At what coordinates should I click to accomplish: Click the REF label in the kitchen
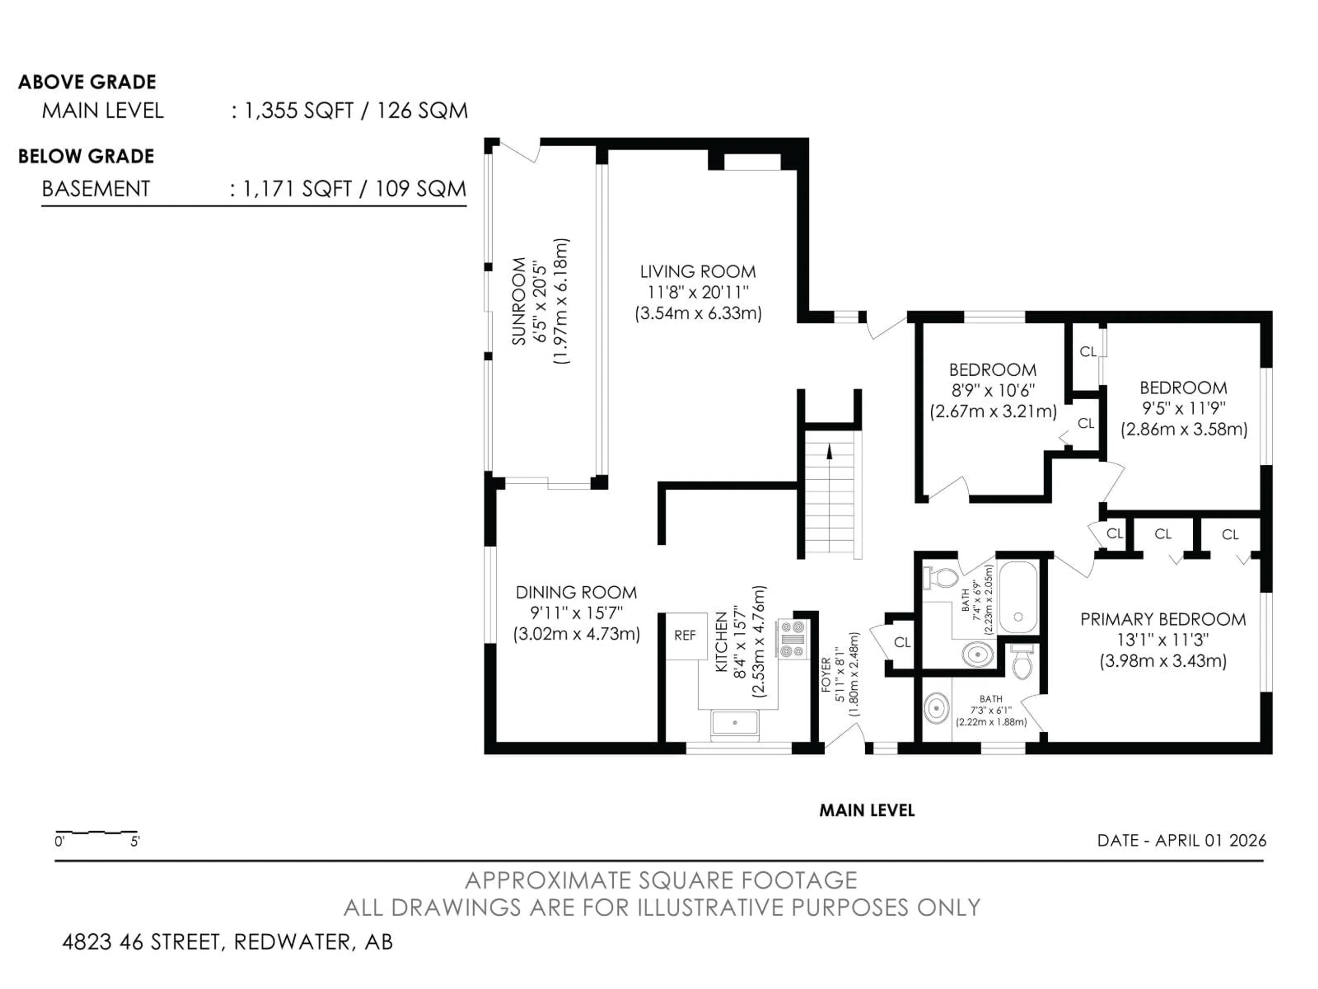click(x=685, y=636)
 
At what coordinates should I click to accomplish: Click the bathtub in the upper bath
click(x=1018, y=597)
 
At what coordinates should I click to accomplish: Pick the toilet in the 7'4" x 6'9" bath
click(x=940, y=577)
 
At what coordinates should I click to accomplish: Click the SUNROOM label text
click(x=519, y=301)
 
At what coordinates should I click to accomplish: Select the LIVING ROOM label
click(x=698, y=272)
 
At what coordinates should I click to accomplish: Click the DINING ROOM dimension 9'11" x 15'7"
click(x=576, y=613)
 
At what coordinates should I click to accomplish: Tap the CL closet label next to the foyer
click(x=902, y=643)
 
